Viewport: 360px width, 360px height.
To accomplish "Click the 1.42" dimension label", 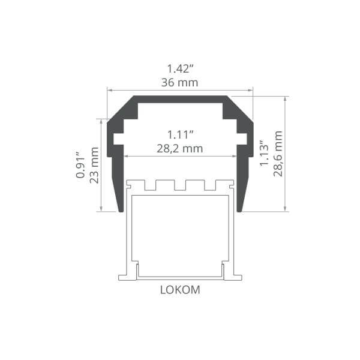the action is click(x=180, y=68).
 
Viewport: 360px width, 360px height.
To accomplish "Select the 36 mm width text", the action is click(x=179, y=83).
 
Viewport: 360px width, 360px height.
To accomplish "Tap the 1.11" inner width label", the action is click(x=181, y=134).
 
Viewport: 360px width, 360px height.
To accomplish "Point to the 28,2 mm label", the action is click(x=180, y=149).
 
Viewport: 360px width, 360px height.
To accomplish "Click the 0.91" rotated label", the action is click(x=80, y=164).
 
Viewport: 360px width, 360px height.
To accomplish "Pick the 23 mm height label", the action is click(x=94, y=165).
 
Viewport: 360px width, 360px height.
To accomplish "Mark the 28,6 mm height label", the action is click(x=278, y=154).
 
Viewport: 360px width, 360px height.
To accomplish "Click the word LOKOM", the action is click(x=180, y=290).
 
